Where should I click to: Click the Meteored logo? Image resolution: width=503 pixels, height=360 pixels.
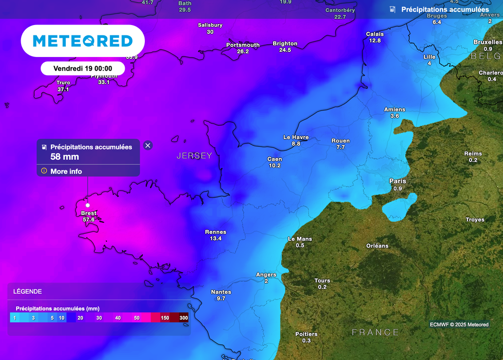pyautogui.click(x=83, y=41)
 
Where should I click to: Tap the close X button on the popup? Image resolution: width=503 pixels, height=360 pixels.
pyautogui.click(x=148, y=145)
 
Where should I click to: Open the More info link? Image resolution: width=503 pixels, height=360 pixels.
pyautogui.click(x=66, y=171)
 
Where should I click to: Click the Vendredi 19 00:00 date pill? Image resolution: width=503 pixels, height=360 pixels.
pyautogui.click(x=83, y=68)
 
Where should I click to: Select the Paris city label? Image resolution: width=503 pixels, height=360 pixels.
pyautogui.click(x=398, y=181)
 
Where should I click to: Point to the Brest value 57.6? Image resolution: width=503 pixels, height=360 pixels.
pyautogui.click(x=89, y=220)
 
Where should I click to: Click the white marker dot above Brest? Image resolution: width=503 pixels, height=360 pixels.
pyautogui.click(x=87, y=205)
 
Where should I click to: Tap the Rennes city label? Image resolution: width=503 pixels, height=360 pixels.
pyautogui.click(x=216, y=232)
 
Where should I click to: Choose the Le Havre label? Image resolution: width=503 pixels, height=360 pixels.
pyautogui.click(x=296, y=137)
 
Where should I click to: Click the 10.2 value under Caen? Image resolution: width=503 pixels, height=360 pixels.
pyautogui.click(x=275, y=166)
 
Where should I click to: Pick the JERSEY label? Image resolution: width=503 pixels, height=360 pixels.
pyautogui.click(x=195, y=156)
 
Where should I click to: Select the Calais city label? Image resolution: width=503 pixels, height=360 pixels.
pyautogui.click(x=375, y=34)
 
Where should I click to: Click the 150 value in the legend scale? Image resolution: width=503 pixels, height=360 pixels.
pyautogui.click(x=165, y=318)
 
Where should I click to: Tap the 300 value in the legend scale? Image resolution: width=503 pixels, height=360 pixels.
pyautogui.click(x=184, y=318)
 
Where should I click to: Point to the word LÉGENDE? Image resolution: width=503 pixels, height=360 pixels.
pyautogui.click(x=28, y=291)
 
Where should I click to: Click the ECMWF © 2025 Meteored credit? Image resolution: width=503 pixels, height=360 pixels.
pyautogui.click(x=459, y=324)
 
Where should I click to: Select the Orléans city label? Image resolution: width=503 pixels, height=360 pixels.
pyautogui.click(x=377, y=246)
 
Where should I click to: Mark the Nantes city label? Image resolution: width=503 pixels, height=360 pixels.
pyautogui.click(x=221, y=292)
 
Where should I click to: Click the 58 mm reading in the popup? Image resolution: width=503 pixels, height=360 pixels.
pyautogui.click(x=65, y=157)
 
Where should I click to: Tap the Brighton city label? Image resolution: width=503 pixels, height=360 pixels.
pyautogui.click(x=285, y=44)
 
